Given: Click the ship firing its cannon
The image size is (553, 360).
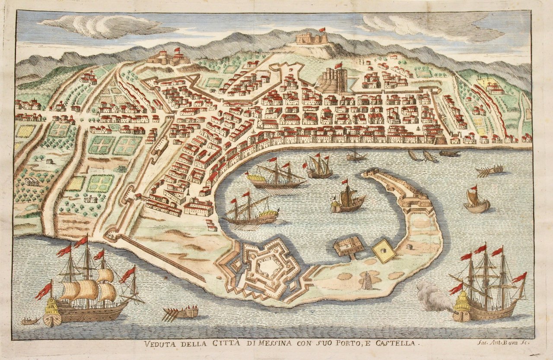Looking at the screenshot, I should (488, 289).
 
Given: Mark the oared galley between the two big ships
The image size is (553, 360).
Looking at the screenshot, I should (181, 312).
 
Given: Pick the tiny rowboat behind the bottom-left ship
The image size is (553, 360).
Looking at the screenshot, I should (30, 321).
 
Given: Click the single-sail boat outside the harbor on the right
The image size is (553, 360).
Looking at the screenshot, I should (476, 202).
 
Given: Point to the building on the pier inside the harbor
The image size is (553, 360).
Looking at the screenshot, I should (349, 246).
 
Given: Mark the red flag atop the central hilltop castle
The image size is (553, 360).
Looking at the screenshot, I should (322, 30).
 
